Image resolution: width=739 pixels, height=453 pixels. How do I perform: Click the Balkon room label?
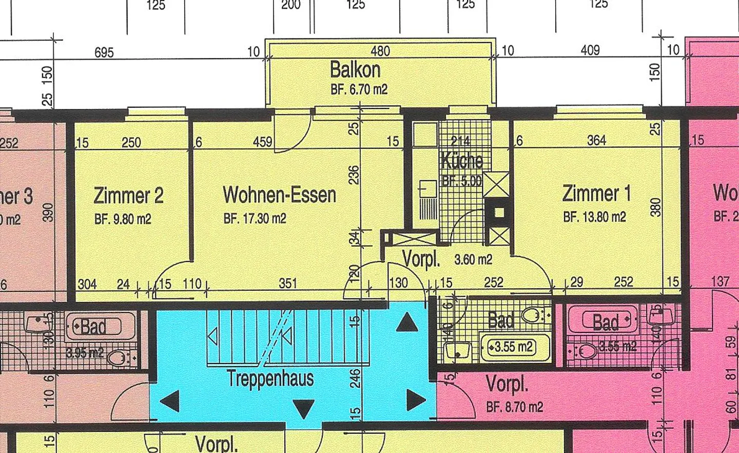point(355,69)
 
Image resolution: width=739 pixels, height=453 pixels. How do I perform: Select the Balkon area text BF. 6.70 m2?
point(359,89)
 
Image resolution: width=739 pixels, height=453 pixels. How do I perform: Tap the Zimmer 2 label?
point(128,196)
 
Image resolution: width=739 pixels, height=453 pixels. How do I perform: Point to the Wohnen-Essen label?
point(279,195)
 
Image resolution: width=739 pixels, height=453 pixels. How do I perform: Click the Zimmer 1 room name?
point(597,194)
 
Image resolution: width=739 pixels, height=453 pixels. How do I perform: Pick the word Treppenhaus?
point(270,379)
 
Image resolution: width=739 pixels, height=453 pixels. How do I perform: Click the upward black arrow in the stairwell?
point(407,323)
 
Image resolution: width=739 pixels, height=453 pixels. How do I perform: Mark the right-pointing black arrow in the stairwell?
point(416,400)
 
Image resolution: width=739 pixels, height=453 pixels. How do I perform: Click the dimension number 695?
point(104,52)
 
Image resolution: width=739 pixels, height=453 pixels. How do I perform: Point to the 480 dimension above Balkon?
point(380,51)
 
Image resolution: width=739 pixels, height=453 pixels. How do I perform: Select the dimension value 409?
point(590,50)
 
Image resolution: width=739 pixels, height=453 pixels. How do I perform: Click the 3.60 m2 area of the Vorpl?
point(473,260)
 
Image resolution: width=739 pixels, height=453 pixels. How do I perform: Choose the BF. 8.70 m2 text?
point(514,407)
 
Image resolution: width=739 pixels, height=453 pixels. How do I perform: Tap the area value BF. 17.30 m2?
point(255,219)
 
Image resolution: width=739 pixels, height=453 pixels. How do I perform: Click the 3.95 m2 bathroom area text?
point(85,353)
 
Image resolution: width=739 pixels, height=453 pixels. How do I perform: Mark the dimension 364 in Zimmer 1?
point(596,140)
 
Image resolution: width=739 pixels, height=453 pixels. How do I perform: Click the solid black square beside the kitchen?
point(499,212)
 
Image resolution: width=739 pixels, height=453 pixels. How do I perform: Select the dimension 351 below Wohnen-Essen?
point(288,284)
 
